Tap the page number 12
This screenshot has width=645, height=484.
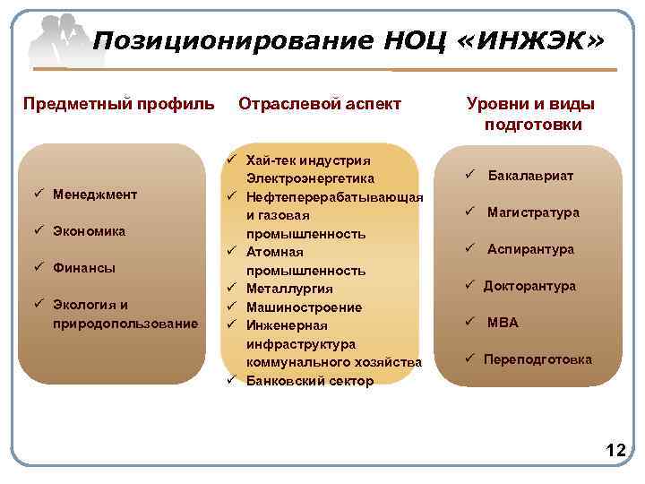615,451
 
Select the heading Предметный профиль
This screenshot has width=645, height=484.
118,104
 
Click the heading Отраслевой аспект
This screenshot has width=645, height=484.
320,104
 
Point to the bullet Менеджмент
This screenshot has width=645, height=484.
94,194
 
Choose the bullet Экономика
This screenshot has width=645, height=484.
89,230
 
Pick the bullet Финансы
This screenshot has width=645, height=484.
83,267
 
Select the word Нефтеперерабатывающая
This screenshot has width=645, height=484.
334,197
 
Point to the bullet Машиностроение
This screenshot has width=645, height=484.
304,307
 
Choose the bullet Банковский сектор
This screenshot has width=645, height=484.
310,380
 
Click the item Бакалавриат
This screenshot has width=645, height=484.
530,176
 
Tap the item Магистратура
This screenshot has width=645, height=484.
533,212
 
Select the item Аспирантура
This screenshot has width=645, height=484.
530,249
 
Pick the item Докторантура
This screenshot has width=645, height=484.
529,286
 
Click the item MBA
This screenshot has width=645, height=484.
503,323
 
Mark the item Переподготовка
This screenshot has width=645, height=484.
537,359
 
